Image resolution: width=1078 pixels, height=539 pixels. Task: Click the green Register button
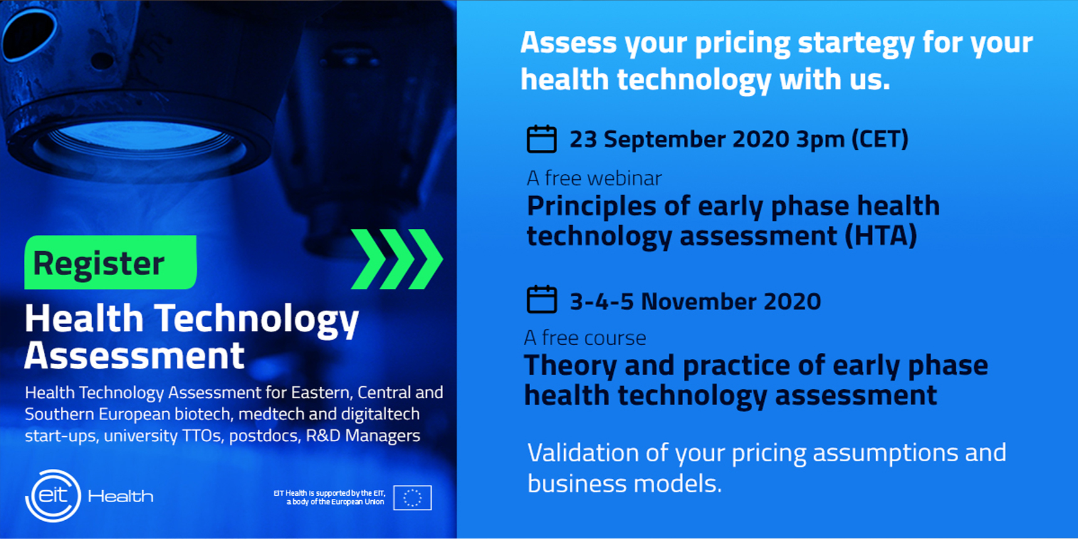pos(110,262)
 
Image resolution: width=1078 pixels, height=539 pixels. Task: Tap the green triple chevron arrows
pos(397,259)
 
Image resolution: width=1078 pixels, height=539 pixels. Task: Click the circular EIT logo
pos(53,496)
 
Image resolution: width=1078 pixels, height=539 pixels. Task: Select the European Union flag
pos(412,498)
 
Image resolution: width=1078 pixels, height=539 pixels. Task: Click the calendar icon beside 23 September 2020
pos(542,139)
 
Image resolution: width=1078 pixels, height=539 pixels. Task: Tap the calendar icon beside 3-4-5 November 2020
pos(542,299)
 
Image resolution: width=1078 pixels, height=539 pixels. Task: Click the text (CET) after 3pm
pos(880,139)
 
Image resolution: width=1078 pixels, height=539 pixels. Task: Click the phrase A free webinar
pos(594,178)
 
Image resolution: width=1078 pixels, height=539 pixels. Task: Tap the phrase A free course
pos(585,338)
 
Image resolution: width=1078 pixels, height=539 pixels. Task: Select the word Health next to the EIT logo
pos(120,496)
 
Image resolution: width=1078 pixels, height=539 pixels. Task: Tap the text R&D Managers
pos(363,436)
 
